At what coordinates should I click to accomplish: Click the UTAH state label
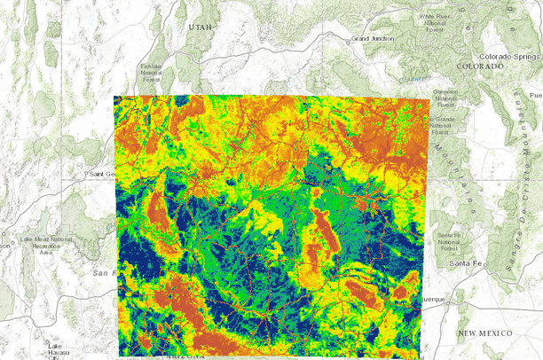[x=201, y=27]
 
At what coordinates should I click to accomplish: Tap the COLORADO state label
[x=479, y=67]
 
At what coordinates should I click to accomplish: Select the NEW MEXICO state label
[x=485, y=333]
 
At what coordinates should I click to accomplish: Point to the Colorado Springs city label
[x=508, y=56]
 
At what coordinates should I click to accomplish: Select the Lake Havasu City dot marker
[x=50, y=357]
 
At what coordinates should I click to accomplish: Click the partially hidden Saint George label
[x=102, y=175]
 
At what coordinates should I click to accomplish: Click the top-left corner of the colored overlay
[x=114, y=96]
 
